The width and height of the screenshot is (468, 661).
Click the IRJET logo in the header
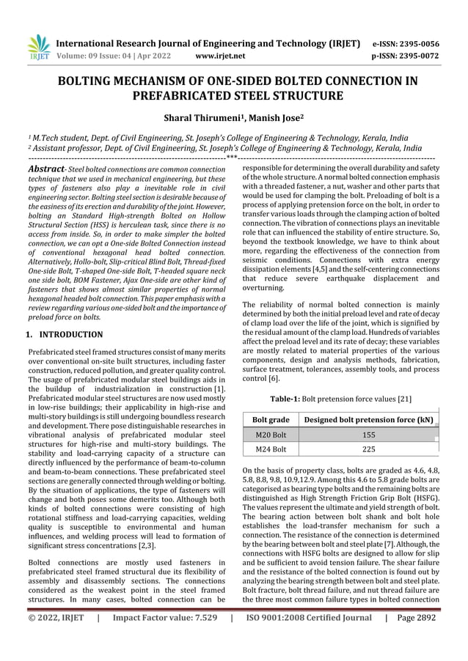(37, 46)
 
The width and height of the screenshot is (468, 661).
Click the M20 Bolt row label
(269, 435)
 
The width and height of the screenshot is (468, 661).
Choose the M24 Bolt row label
(269, 449)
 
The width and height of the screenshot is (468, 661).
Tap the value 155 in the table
(368, 435)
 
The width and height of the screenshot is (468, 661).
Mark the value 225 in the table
(368, 449)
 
